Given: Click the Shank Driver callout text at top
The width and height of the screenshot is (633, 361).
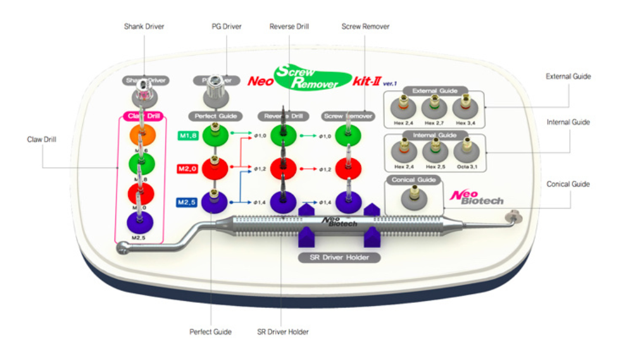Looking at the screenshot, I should (145, 27).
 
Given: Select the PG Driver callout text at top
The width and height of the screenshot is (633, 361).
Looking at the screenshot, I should (225, 27).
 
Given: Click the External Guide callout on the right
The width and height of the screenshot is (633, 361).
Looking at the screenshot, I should (568, 76).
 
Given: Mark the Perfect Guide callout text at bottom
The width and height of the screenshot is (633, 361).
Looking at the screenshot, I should (210, 331).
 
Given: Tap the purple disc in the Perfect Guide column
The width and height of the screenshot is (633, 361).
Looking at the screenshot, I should (215, 203).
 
